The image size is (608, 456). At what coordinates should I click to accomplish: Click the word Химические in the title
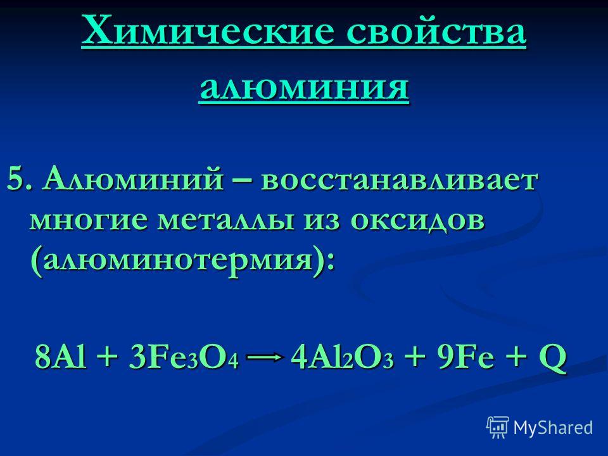(x=208, y=31)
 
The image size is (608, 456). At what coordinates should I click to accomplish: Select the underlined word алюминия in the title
(x=303, y=87)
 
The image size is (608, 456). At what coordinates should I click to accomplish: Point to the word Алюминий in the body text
(x=134, y=179)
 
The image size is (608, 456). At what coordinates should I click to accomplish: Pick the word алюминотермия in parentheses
(x=177, y=260)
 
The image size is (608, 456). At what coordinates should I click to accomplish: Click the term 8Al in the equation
(x=61, y=357)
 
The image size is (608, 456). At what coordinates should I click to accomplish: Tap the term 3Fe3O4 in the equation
(x=183, y=357)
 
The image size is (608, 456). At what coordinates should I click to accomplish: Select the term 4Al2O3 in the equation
(x=341, y=357)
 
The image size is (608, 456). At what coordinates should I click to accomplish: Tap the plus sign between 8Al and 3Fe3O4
(x=108, y=357)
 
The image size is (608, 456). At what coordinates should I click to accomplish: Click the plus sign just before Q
(x=516, y=357)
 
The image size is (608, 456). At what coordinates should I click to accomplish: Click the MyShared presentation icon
(x=498, y=427)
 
